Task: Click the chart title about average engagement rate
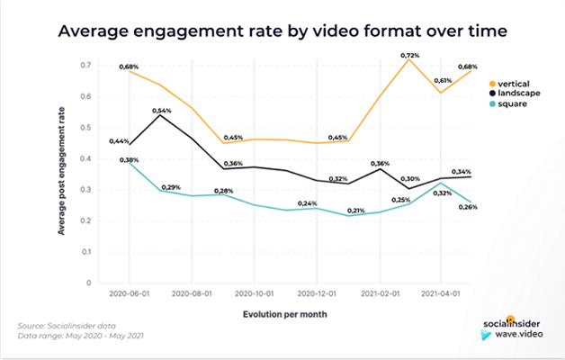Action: [x=282, y=31]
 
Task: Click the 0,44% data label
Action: [x=117, y=141]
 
